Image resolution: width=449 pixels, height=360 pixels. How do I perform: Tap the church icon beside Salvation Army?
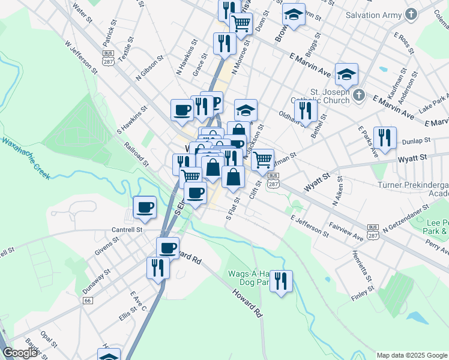[411, 13]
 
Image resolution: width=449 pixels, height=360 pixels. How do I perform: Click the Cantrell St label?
[127, 229]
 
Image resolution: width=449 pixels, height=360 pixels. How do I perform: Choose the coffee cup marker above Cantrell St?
[145, 208]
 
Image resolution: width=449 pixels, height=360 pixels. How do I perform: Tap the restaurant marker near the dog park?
[280, 281]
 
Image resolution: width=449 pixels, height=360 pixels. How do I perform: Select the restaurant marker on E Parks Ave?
[385, 138]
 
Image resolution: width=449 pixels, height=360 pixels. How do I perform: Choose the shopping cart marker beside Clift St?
[262, 160]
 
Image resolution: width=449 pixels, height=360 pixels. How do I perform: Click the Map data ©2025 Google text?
[412, 355]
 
